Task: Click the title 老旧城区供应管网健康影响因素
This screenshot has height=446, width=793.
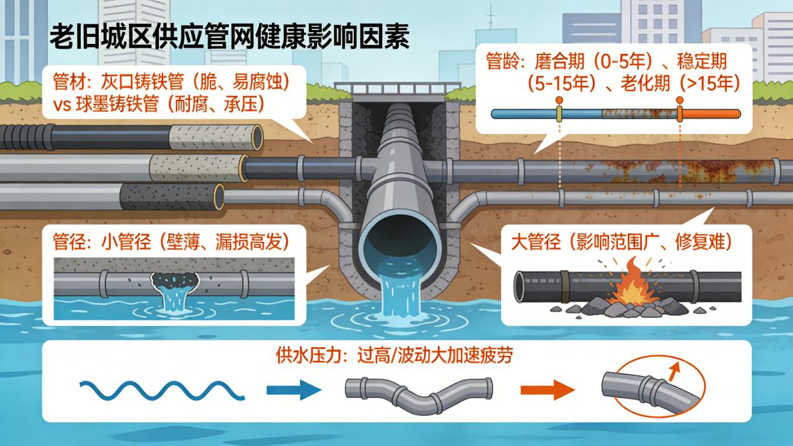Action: (229, 36)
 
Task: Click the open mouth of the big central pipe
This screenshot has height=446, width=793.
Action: (396, 238)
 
